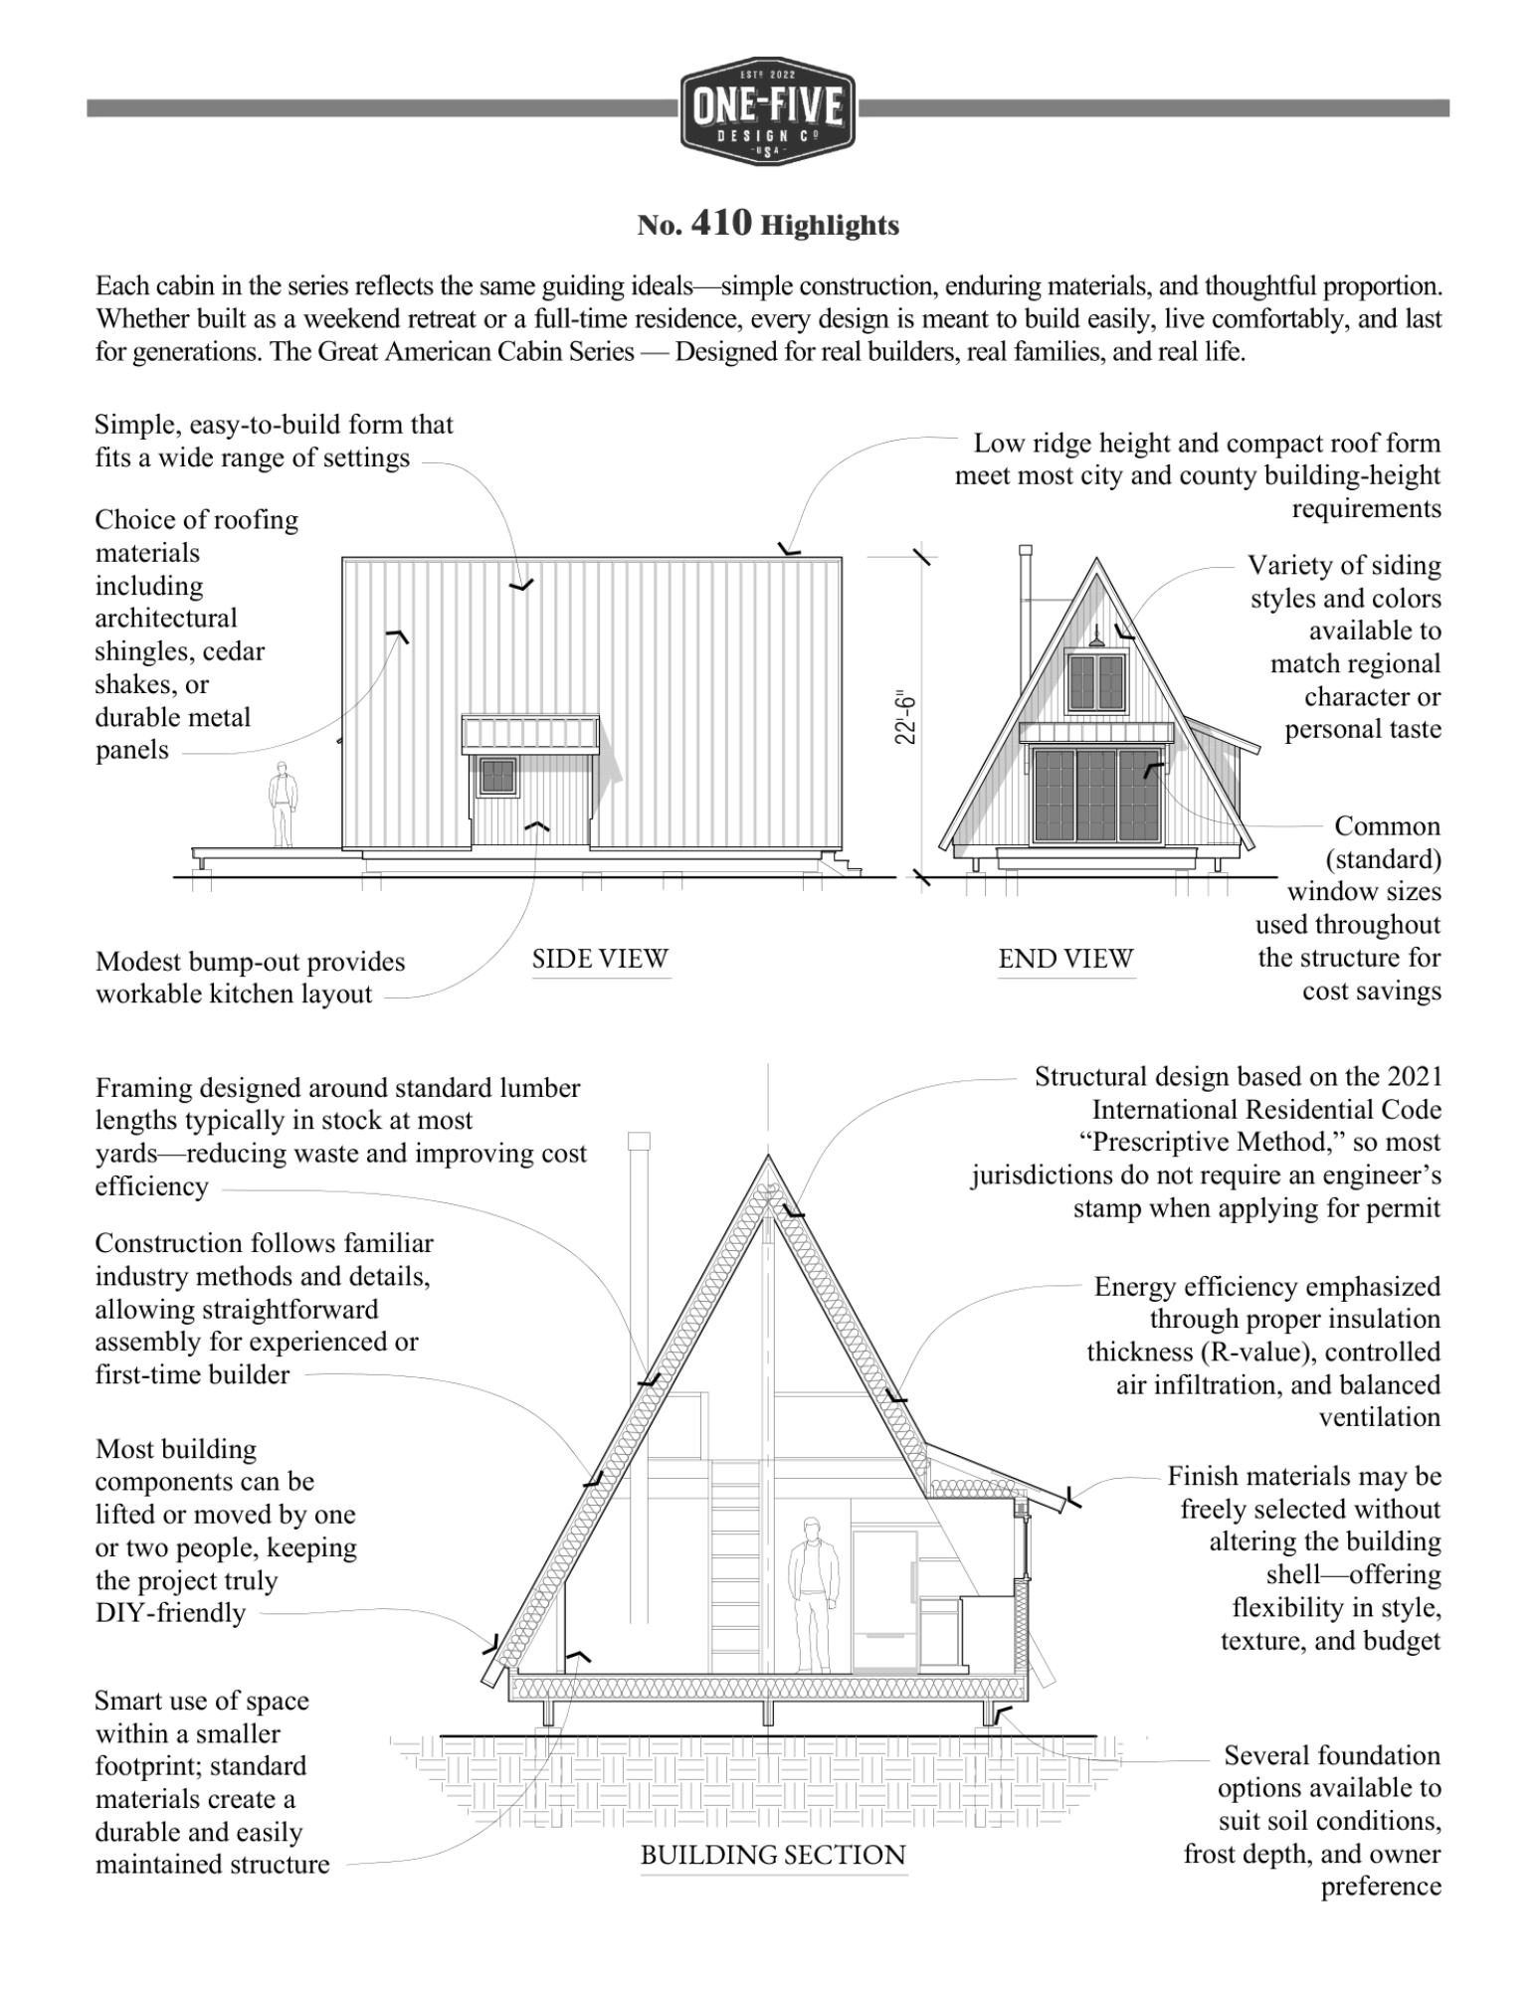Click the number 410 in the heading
(720, 224)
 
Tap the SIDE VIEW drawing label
(600, 959)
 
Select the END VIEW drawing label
(1065, 959)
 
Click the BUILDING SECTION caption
(773, 1855)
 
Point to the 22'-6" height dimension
(904, 717)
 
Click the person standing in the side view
(283, 804)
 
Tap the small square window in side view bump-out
(496, 776)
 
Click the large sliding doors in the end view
(1096, 794)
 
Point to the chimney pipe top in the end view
(1026, 550)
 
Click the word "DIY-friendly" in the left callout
(170, 1613)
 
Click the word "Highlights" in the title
(830, 226)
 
